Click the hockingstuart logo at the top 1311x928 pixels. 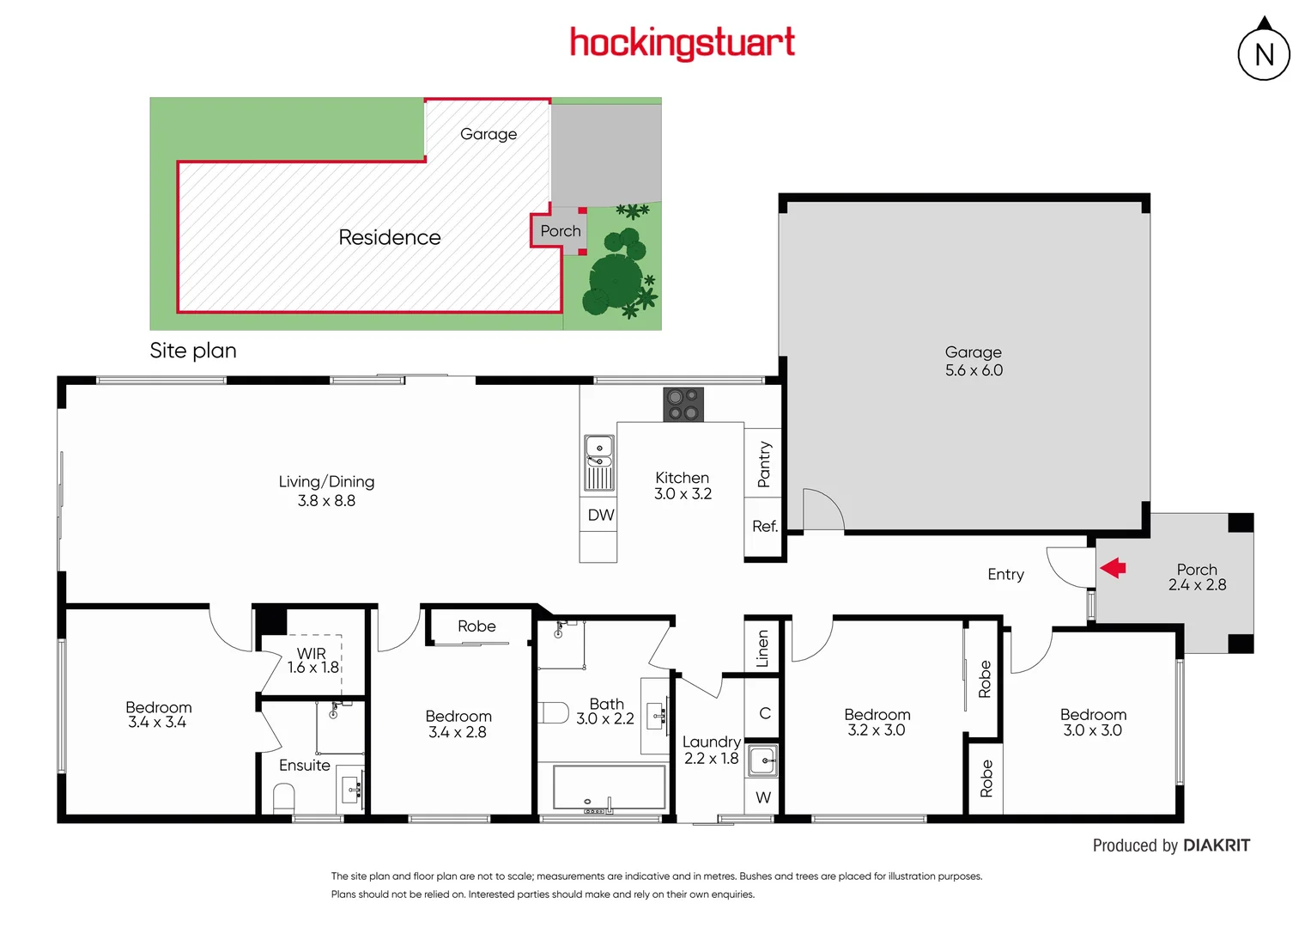tap(683, 42)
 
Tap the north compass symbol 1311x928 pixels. tap(1264, 53)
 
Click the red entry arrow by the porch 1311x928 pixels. tap(1113, 567)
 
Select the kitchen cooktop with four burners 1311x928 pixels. tap(683, 405)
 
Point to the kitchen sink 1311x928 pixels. tap(598, 462)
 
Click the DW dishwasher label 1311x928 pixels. tap(601, 515)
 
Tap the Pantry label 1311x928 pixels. tap(764, 465)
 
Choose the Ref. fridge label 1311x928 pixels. tap(764, 526)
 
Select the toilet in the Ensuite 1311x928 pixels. tap(283, 798)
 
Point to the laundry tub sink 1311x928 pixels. tap(762, 760)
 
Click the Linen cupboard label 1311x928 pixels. tap(762, 648)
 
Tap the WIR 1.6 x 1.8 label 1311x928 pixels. tap(313, 661)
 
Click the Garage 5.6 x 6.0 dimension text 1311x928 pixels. tap(974, 370)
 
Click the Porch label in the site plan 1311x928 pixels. tap(561, 231)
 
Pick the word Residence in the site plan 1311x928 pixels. tap(390, 237)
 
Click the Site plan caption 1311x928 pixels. tap(193, 351)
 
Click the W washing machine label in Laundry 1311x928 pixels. tap(763, 797)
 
